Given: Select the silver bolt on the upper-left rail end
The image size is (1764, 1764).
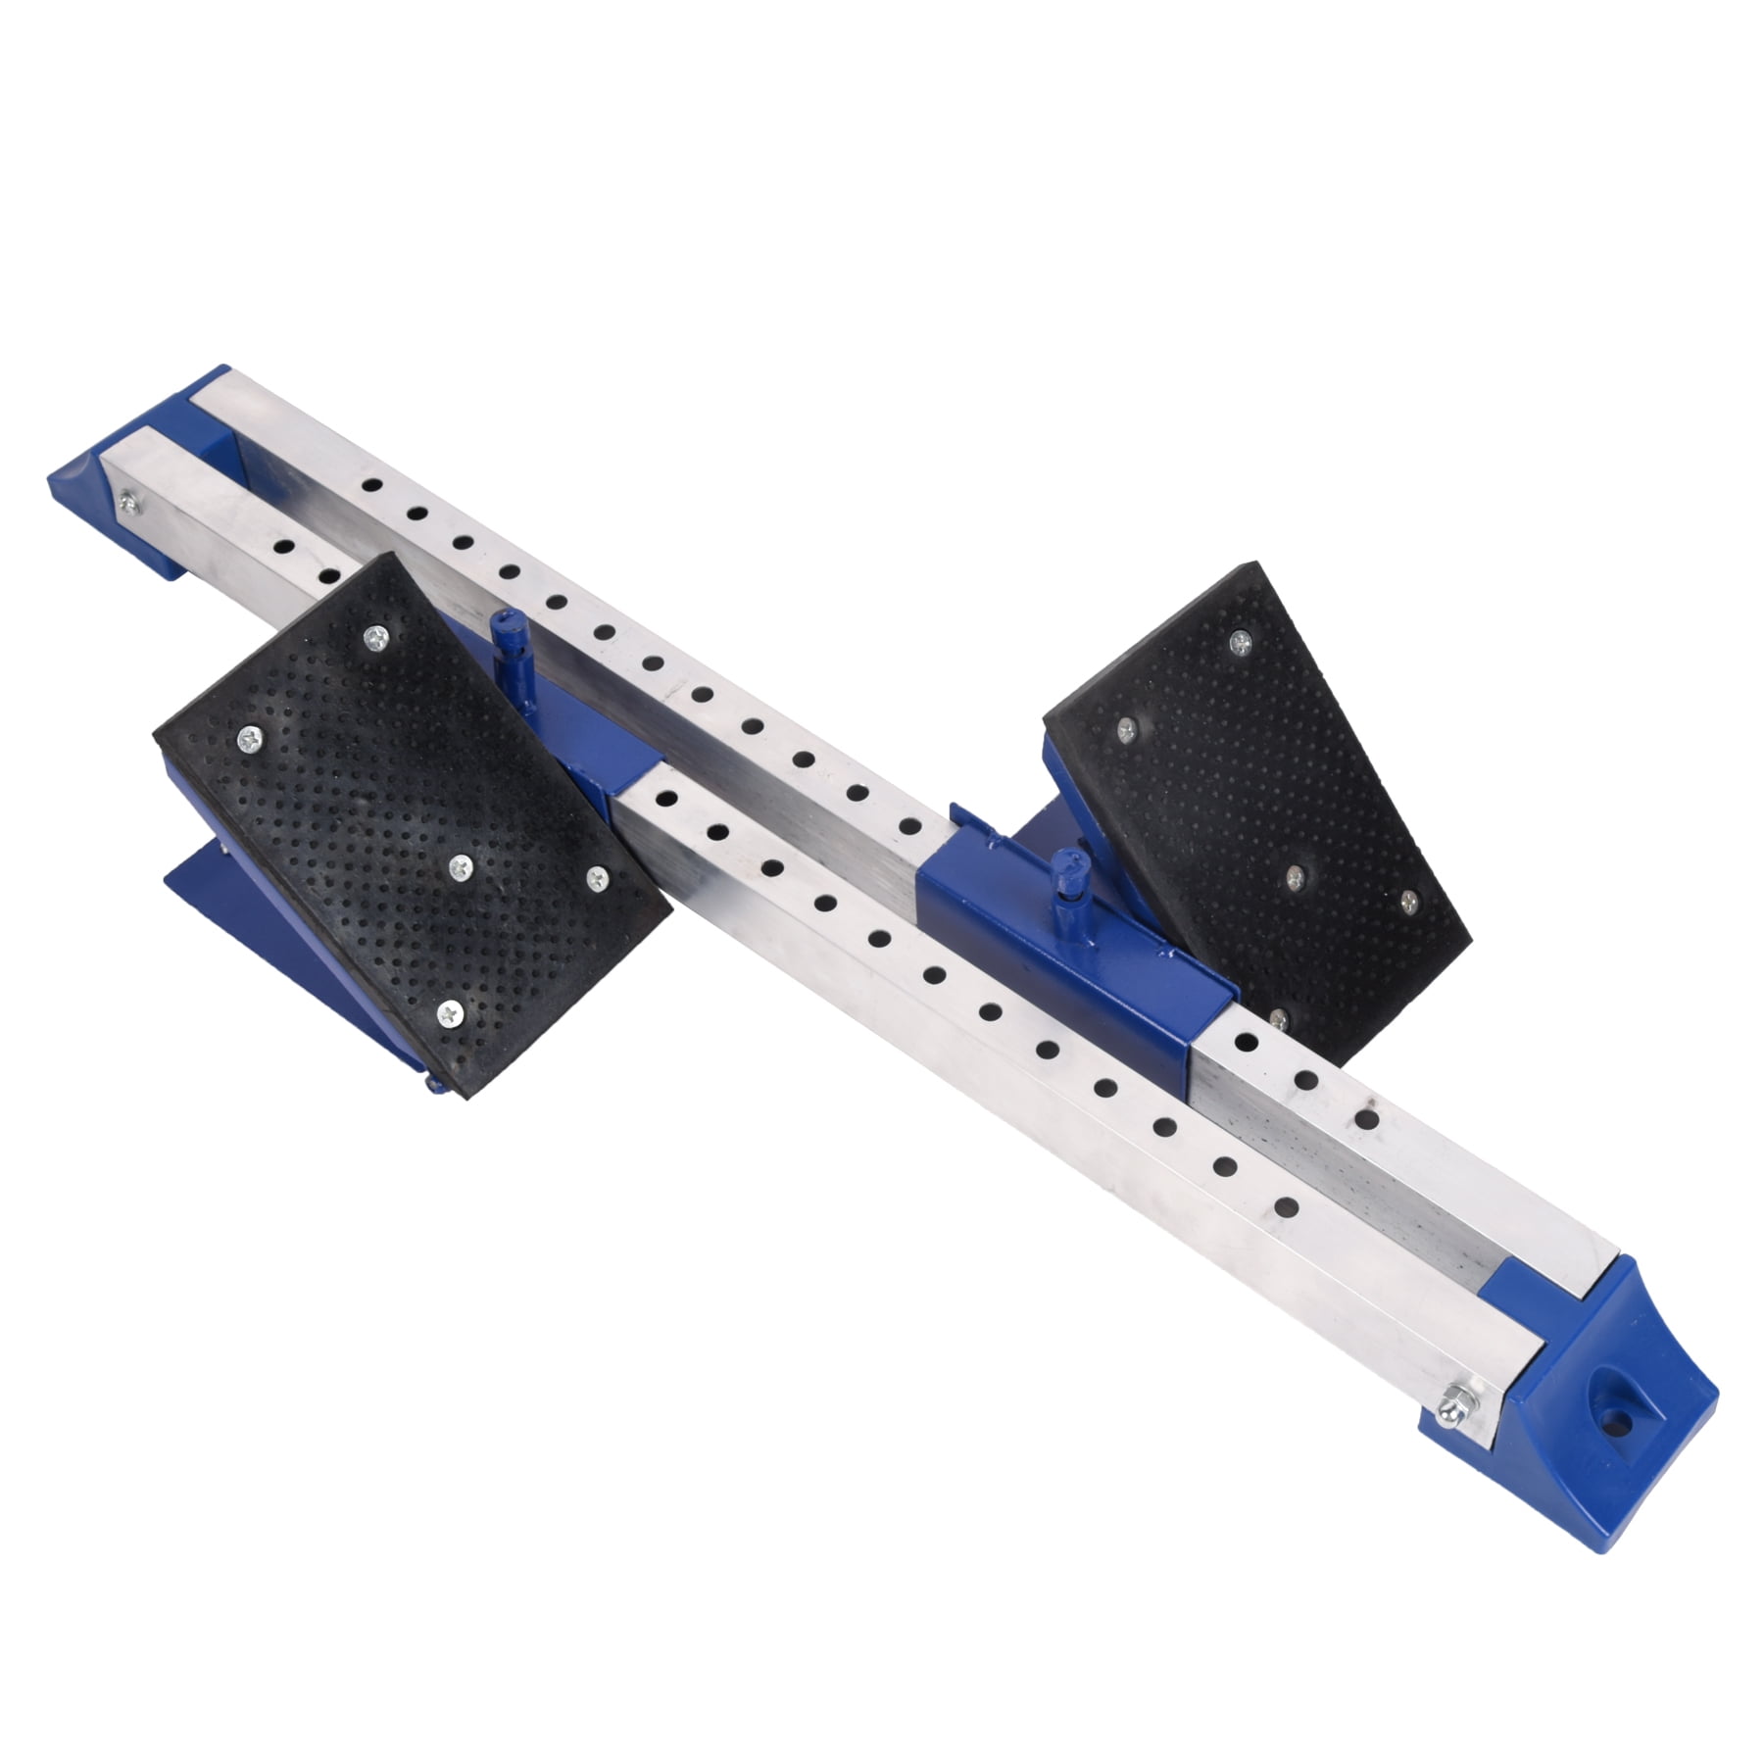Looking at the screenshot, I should pos(128,503).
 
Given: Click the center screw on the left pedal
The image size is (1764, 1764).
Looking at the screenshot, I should pos(460,864).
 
